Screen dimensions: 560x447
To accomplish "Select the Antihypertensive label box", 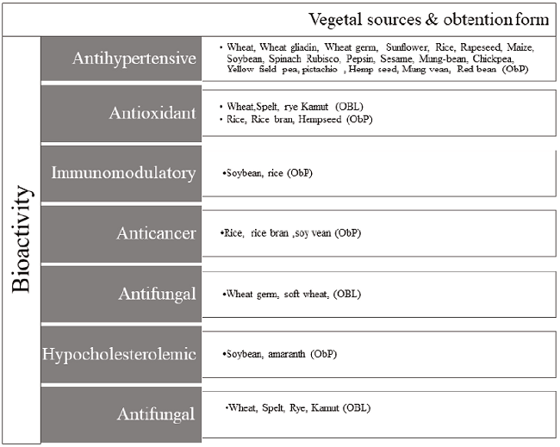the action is click(121, 59).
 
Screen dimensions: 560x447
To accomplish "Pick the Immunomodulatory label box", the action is click(121, 172).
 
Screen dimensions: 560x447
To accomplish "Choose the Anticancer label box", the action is click(121, 233).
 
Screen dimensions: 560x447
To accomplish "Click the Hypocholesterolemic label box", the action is click(121, 353).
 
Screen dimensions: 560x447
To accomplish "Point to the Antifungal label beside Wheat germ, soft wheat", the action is click(121, 294).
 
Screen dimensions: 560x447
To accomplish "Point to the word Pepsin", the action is click(348, 58).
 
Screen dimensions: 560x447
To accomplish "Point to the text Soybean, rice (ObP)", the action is click(267, 173).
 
